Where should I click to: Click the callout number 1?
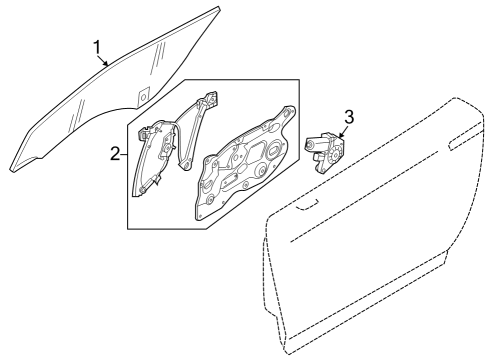[97, 47]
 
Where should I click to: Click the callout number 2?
[116, 154]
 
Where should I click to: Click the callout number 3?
[347, 117]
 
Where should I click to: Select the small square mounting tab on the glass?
[143, 96]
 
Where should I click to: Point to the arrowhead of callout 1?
[109, 66]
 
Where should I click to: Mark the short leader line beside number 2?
[126, 154]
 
